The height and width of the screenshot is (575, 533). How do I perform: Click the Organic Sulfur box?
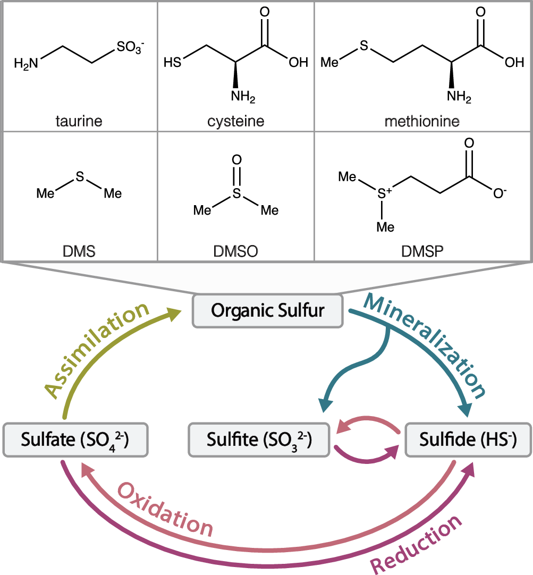[267, 310]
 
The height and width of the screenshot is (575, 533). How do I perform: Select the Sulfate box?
[75, 439]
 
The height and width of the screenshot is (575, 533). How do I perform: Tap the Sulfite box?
[259, 439]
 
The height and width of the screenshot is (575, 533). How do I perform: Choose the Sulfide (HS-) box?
[468, 439]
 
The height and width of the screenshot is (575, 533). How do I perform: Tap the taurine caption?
[79, 121]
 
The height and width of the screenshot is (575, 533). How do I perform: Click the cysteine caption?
[236, 121]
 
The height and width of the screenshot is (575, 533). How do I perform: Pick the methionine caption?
[423, 121]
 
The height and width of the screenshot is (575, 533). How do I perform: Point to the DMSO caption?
[236, 251]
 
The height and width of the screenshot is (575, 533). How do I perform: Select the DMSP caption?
[423, 251]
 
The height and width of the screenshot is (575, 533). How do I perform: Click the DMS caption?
[79, 251]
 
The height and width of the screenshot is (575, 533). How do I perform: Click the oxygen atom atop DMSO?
[237, 159]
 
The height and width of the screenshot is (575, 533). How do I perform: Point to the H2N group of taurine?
[26, 64]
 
